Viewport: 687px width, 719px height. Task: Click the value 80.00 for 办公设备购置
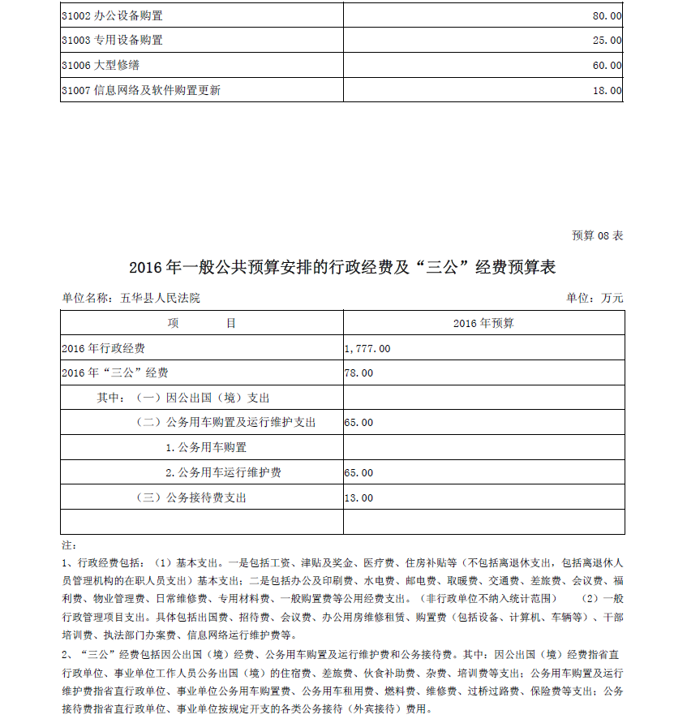point(607,15)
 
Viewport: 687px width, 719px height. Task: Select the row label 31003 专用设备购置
point(112,40)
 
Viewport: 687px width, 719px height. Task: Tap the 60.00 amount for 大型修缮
point(607,65)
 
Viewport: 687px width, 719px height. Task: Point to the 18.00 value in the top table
point(607,90)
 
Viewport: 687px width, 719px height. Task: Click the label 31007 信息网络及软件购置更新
point(141,90)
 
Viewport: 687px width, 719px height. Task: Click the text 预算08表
point(598,235)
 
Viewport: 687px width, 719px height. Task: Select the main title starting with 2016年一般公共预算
point(342,267)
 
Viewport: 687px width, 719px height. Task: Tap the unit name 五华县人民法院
point(160,298)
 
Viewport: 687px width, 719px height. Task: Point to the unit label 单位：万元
point(595,298)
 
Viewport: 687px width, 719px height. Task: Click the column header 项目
point(202,323)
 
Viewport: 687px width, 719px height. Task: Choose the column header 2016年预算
point(483,323)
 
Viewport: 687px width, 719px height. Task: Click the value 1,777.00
point(367,348)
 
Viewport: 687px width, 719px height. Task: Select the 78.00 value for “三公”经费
point(359,373)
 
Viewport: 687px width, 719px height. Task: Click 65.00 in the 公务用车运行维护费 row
point(359,472)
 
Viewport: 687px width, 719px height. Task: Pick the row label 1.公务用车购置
point(206,447)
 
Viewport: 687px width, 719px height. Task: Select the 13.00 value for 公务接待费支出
point(359,497)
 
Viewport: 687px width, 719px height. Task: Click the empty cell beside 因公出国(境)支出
point(483,398)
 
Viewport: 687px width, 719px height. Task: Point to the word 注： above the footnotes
point(69,544)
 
